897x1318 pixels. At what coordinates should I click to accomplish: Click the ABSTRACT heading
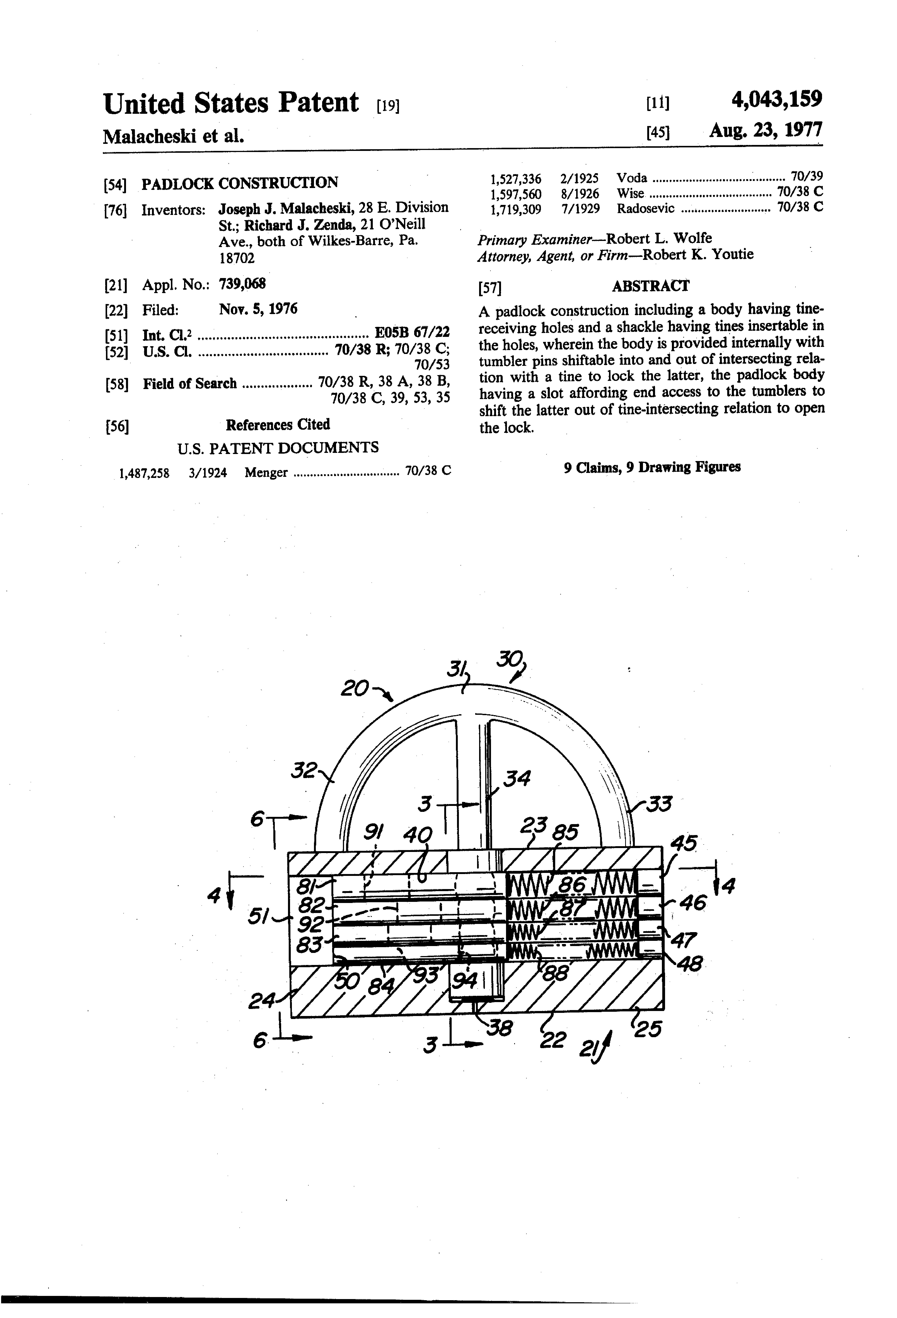[x=650, y=286]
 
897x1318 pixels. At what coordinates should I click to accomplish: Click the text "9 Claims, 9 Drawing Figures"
[x=652, y=467]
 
